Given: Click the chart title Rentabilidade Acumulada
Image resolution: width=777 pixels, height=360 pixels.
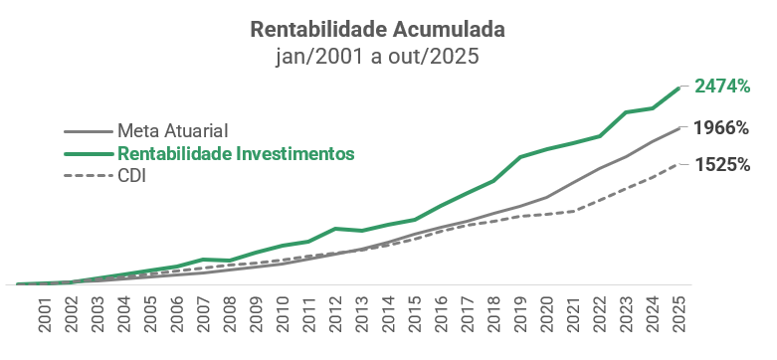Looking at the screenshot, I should (377, 29).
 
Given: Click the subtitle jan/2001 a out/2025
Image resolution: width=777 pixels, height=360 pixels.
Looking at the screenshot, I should (377, 56).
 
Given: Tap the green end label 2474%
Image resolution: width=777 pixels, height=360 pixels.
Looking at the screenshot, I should (722, 87).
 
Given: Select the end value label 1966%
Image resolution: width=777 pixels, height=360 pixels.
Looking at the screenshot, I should (722, 127).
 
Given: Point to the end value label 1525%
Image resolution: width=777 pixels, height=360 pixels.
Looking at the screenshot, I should (722, 164).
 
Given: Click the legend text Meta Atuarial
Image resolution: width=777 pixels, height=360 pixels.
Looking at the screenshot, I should (173, 130).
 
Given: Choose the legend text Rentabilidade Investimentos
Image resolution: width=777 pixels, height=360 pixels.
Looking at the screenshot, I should (236, 153).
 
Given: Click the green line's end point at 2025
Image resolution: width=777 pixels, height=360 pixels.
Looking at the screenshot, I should (679, 89).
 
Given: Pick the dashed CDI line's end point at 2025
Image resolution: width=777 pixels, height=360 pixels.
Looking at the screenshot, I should (679, 164).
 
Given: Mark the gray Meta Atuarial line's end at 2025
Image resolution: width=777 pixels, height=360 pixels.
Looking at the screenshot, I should (679, 128).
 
